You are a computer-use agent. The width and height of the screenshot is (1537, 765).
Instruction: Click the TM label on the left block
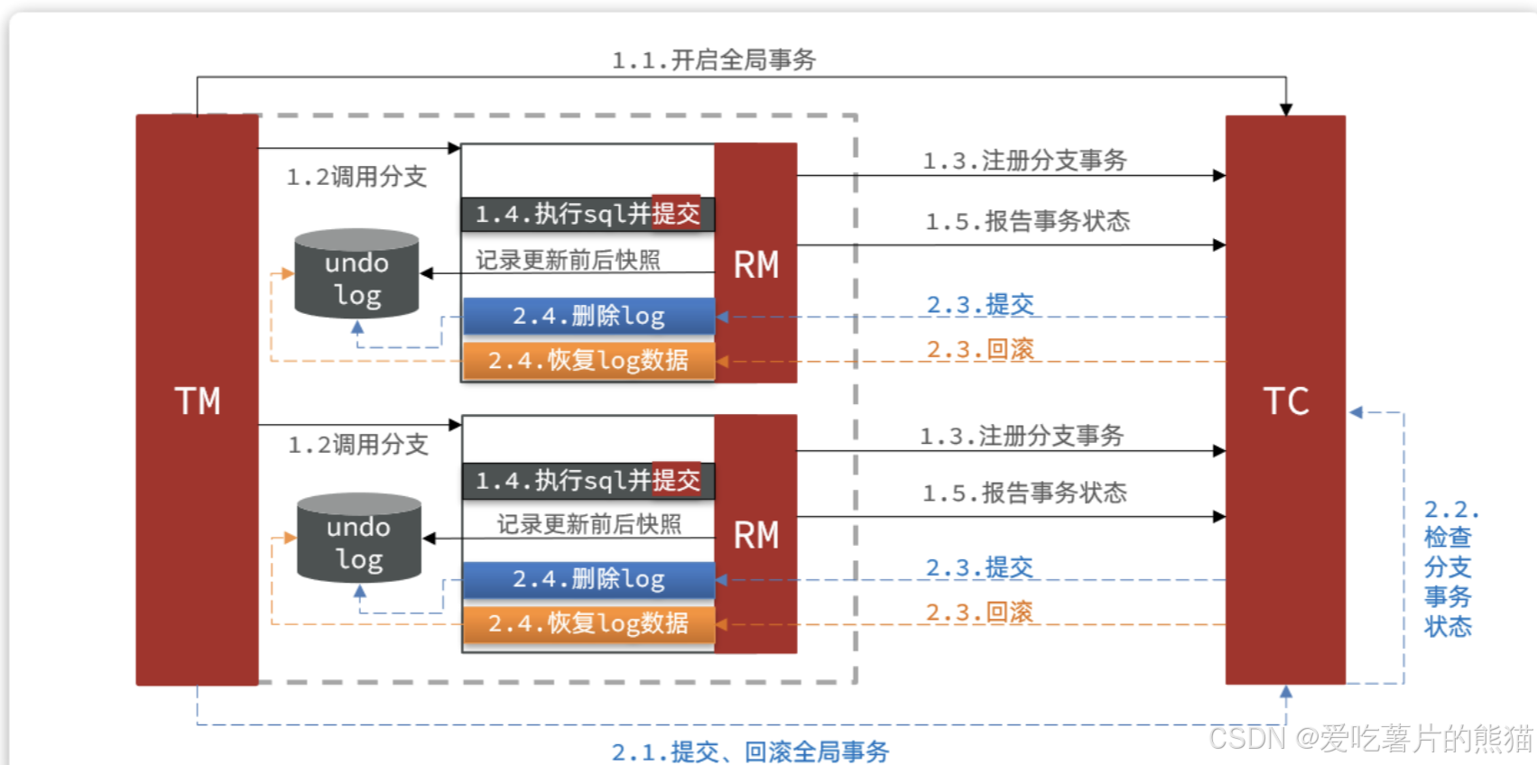[x=198, y=401]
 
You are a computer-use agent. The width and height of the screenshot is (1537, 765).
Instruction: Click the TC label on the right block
[x=1285, y=401]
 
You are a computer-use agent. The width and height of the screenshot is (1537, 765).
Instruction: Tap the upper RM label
[x=755, y=265]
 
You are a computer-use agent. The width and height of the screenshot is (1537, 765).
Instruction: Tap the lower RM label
[x=755, y=536]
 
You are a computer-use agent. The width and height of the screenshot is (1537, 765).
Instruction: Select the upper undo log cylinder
[x=356, y=274]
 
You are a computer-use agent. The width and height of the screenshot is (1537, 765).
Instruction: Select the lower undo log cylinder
[x=359, y=539]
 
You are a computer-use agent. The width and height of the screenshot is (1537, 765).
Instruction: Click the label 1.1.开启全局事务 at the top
[x=714, y=60]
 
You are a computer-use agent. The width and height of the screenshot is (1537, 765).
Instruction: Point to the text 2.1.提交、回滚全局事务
[x=750, y=751]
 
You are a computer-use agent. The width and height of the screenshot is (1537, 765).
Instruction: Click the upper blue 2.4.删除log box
[x=588, y=316]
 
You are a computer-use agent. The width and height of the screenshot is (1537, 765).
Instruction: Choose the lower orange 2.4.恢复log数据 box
[x=588, y=623]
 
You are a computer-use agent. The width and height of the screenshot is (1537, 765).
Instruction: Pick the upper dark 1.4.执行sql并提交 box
[x=588, y=214]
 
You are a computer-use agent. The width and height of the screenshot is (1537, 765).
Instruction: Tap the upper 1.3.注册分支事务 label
[x=1024, y=161]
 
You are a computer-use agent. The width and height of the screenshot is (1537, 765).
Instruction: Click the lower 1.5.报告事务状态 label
[x=1024, y=493]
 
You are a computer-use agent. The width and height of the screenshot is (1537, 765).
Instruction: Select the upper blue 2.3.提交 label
[x=980, y=304]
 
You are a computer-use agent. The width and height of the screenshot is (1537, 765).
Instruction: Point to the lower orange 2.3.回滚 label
[x=979, y=612]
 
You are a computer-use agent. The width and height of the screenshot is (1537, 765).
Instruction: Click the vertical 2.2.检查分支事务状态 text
[x=1448, y=568]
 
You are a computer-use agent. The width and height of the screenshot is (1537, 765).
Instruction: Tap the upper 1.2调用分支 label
[x=356, y=177]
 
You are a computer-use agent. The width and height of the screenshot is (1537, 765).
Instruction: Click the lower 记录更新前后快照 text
[x=588, y=524]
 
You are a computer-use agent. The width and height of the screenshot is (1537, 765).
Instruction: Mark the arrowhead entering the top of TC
[x=1286, y=109]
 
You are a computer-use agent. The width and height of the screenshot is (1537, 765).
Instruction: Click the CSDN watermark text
[x=1370, y=738]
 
